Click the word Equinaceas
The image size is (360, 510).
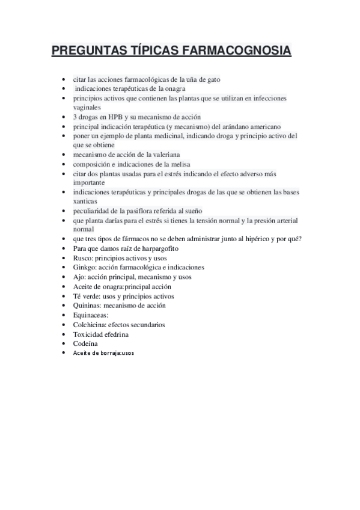(x=90, y=315)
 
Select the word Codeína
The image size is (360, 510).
(x=85, y=343)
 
